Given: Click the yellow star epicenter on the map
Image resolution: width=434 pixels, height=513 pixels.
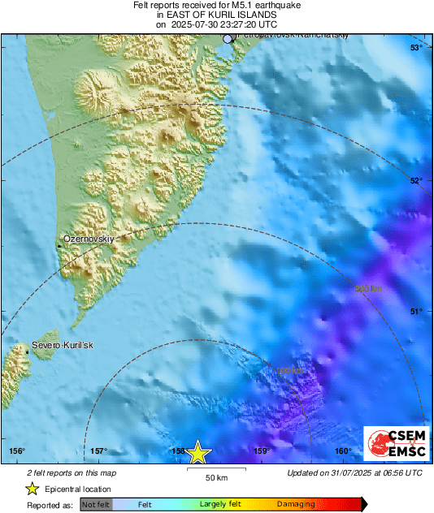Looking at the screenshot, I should [198, 453].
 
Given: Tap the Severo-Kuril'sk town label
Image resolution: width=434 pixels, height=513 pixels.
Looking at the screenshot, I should [63, 346].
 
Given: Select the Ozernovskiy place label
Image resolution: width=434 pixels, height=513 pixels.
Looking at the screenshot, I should [88, 239].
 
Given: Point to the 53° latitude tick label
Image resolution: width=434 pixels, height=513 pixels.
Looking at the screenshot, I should [415, 49].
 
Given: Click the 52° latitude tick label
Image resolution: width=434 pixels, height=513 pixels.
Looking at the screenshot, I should [415, 180].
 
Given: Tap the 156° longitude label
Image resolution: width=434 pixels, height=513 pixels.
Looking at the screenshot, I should [17, 451].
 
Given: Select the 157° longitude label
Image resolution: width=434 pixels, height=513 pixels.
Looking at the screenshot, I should [98, 451].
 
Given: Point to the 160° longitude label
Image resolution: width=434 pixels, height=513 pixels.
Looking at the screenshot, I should [342, 451].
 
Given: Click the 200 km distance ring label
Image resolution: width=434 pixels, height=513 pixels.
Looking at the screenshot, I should [368, 288].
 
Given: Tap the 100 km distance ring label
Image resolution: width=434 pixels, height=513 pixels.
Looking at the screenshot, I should [290, 372].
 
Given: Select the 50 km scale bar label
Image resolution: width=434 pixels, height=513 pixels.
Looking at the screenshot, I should [215, 477].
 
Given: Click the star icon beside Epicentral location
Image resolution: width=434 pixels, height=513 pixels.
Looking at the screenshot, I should [32, 489].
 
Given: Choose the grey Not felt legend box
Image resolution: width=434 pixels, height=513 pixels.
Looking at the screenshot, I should [96, 504].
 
